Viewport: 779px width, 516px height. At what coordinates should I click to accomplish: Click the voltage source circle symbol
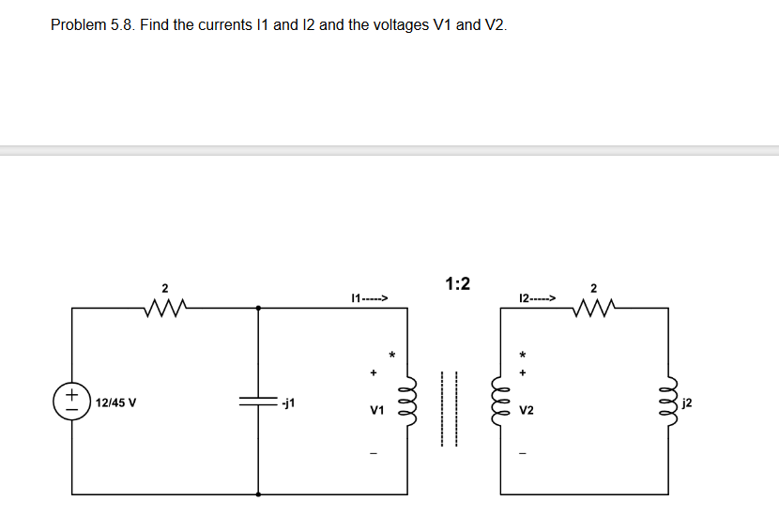click(72, 399)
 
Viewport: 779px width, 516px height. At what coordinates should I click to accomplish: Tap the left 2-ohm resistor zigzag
click(165, 307)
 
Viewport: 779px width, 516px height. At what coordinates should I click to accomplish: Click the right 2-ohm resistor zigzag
click(592, 307)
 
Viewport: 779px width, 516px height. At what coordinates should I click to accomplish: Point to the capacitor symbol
click(258, 402)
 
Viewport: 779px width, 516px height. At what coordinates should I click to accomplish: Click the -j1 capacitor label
click(289, 403)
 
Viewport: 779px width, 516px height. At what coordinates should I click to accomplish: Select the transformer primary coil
click(406, 402)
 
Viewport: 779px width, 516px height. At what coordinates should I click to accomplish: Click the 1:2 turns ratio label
click(458, 283)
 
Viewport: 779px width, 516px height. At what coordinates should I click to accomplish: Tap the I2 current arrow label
click(537, 299)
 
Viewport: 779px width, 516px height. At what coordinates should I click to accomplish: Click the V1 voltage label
click(377, 411)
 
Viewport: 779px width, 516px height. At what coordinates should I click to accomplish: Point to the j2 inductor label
click(689, 403)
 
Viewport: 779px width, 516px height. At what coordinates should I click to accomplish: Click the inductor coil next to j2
click(668, 402)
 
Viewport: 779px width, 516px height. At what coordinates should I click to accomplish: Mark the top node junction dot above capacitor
click(258, 307)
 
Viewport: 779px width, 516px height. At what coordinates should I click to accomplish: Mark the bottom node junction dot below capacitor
click(258, 493)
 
